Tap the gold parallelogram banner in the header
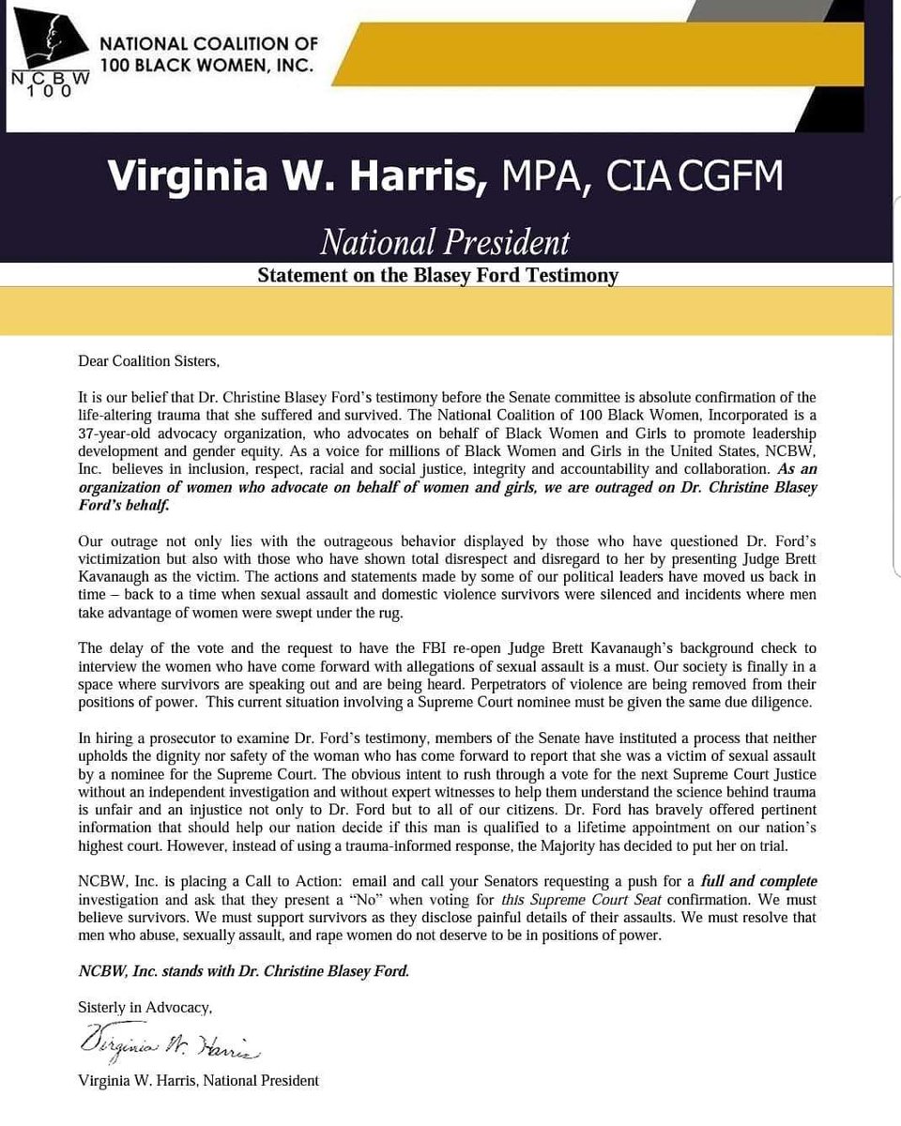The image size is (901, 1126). pos(601,54)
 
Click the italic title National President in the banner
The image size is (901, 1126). pos(444,242)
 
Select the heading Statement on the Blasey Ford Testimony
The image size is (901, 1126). pos(437,276)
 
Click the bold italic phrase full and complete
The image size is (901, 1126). pos(758,881)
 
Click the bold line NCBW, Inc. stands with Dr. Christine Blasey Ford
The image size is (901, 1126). pos(244,971)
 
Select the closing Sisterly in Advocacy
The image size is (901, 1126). pos(145,1007)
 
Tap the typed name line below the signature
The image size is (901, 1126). pos(199,1081)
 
